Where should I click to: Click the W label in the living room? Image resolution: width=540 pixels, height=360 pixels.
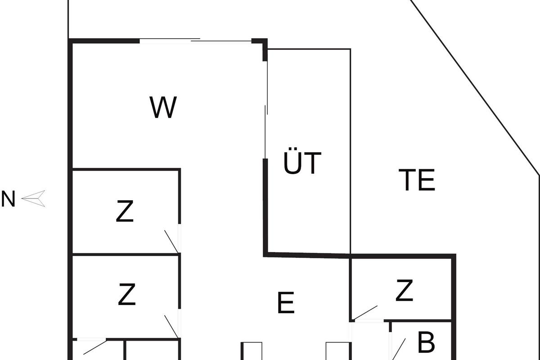[163, 108]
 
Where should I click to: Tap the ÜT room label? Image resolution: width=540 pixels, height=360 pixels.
[302, 163]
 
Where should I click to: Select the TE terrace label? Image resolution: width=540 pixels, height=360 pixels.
[417, 180]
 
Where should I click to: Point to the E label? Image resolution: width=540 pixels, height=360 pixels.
[286, 303]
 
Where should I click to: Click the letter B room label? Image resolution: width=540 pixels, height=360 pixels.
[426, 343]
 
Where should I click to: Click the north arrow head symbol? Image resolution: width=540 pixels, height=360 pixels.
[34, 198]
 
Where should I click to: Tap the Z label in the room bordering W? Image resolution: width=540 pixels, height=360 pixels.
[125, 212]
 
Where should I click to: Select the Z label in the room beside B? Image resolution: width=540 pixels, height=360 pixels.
[404, 291]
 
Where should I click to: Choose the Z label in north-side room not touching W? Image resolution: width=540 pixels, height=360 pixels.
[126, 295]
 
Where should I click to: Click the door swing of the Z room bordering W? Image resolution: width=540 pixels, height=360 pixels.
[171, 241]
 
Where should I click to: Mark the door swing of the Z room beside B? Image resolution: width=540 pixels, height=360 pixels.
[366, 312]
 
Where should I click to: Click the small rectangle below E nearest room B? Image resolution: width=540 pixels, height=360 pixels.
[337, 351]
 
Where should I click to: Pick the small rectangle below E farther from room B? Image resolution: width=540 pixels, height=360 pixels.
[252, 351]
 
